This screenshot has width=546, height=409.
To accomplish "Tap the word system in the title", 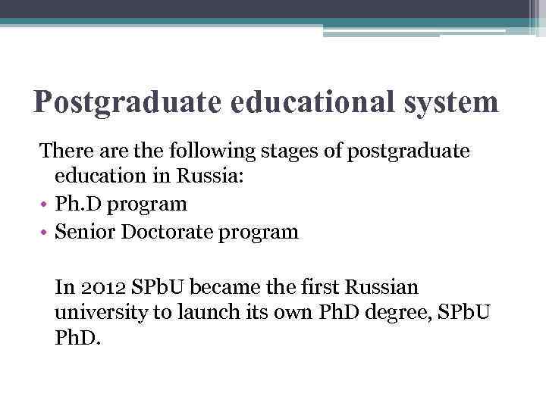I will point(453,101).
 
